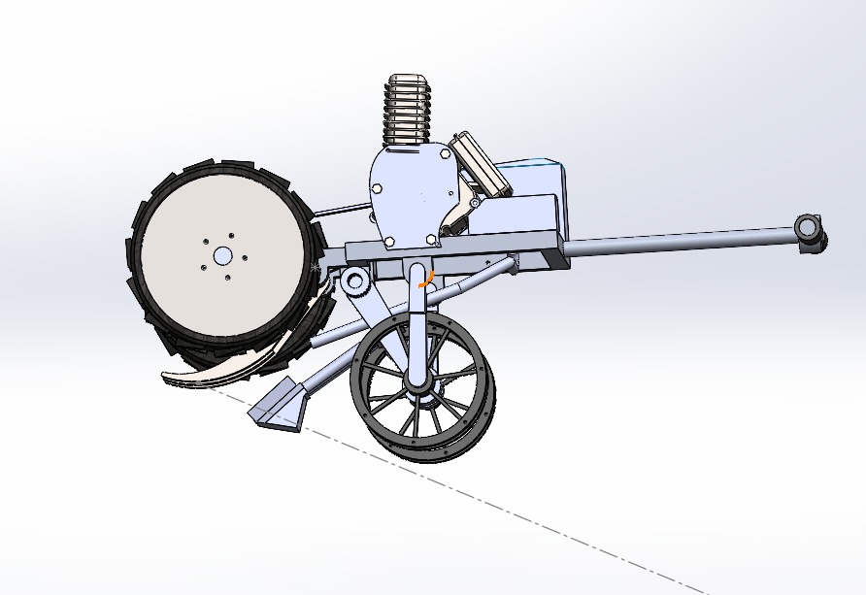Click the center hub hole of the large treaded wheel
point(222,255)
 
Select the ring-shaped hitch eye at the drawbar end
point(809,228)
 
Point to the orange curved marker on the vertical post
point(424,279)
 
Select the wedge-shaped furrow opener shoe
point(281,405)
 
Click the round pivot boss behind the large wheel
point(353,282)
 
